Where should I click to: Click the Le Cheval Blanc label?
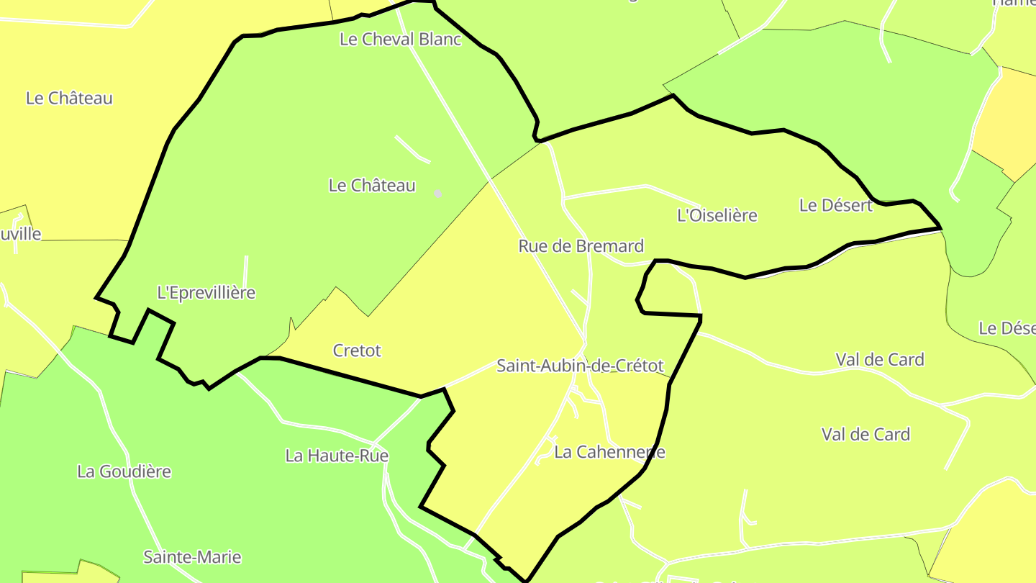pos(400,39)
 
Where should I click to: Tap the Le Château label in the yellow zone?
pos(69,98)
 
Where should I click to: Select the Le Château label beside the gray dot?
pos(371,185)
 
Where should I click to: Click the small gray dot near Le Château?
pos(437,194)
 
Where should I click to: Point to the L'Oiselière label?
pos(717,214)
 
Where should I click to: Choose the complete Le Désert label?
pos(835,205)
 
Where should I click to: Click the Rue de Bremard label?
pos(581,245)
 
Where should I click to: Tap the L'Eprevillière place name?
pos(206,292)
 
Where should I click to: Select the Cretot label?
pos(357,351)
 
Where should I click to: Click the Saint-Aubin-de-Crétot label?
pos(580,366)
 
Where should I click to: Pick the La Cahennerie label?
pos(609,452)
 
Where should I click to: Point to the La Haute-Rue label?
pos(337,456)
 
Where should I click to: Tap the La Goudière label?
pos(124,471)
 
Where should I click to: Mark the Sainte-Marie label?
pos(192,557)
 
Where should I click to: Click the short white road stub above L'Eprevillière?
pos(245,270)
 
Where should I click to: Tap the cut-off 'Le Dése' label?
pos(1007,328)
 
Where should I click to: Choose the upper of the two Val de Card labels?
pos(879,359)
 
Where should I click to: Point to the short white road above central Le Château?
pos(411,148)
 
